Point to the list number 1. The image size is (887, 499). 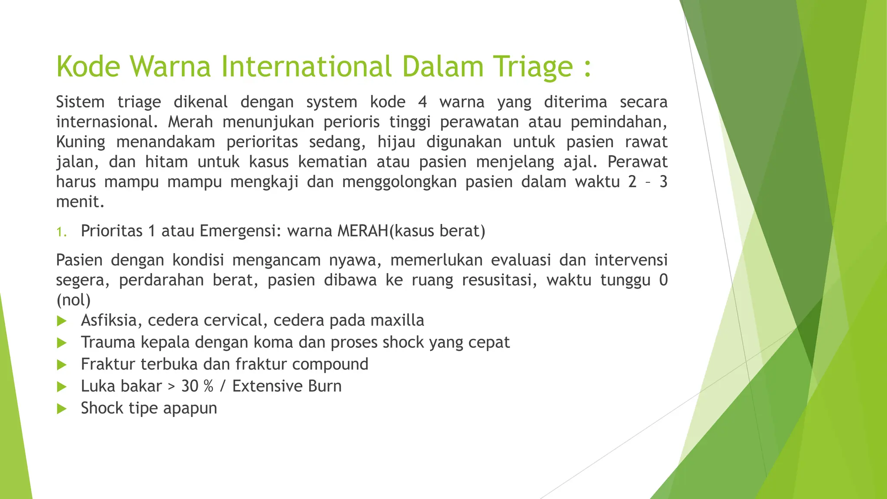[x=61, y=232]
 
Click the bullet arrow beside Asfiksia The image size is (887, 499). [x=62, y=321]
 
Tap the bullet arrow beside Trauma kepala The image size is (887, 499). [x=62, y=343]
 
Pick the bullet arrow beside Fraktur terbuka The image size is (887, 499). [x=62, y=365]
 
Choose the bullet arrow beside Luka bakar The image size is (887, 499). [x=62, y=387]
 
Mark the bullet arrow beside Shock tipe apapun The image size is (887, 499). [x=62, y=408]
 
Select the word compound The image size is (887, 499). [x=330, y=364]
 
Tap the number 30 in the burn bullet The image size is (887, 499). [x=190, y=386]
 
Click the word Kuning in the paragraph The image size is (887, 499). [x=81, y=142]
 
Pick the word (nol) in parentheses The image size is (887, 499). [x=73, y=300]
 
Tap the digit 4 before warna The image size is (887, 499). [x=422, y=102]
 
